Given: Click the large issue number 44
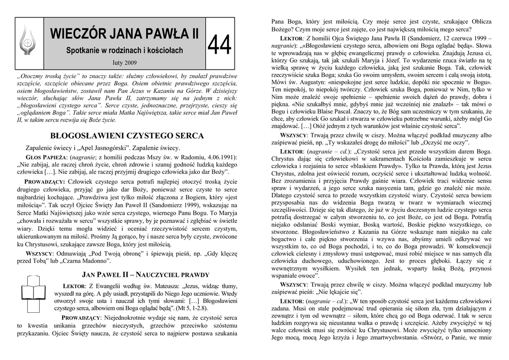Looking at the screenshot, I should pos(220,47).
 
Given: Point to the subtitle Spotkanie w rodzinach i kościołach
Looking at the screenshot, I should pos(125,51).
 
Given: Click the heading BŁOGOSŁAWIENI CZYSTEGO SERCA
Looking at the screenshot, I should pos(127,135).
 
